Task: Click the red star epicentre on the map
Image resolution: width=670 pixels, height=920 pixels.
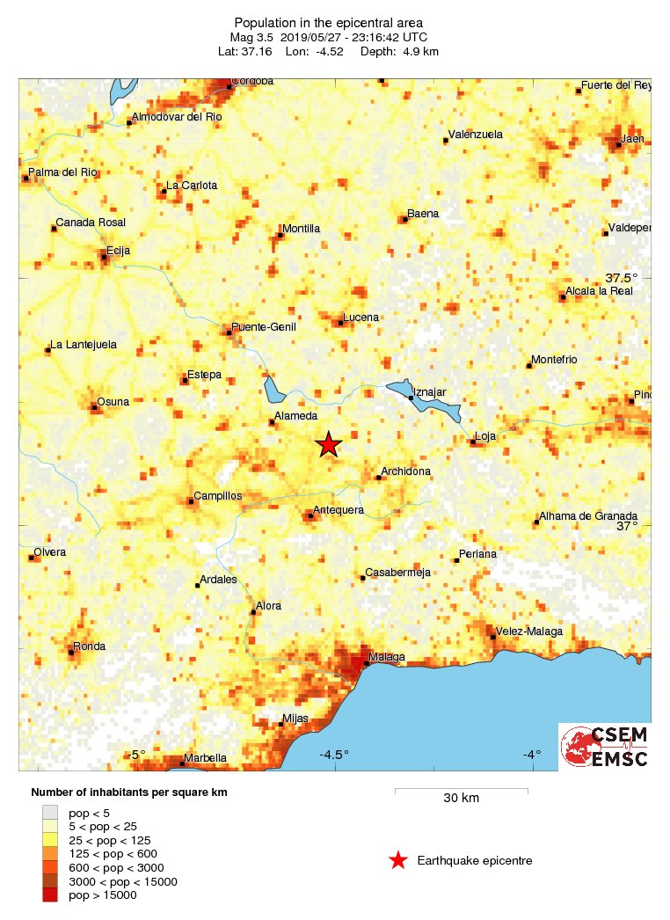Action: pyautogui.click(x=328, y=444)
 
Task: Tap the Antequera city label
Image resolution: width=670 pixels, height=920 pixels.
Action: pyautogui.click(x=339, y=510)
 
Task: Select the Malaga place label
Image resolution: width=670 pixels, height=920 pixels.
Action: pyautogui.click(x=387, y=657)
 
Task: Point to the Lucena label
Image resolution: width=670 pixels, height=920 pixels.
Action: pyautogui.click(x=361, y=317)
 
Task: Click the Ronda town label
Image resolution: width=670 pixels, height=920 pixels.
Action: pyautogui.click(x=89, y=646)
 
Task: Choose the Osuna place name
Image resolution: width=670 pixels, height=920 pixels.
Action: pyautogui.click(x=113, y=402)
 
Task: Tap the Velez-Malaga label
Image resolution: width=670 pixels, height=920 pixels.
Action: pyautogui.click(x=529, y=632)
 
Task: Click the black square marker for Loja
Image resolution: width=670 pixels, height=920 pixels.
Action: pyautogui.click(x=472, y=442)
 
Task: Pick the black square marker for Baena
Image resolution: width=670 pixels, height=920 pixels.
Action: pyautogui.click(x=404, y=219)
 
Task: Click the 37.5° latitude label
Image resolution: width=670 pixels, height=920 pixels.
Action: pyautogui.click(x=632, y=278)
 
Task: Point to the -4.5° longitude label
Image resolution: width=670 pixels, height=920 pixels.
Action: pyautogui.click(x=334, y=755)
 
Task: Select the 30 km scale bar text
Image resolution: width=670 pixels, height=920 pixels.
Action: pyautogui.click(x=461, y=799)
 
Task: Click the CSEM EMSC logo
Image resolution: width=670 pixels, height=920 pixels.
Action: pyautogui.click(x=605, y=747)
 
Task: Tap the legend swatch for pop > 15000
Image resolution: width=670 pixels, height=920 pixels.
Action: pyautogui.click(x=50, y=895)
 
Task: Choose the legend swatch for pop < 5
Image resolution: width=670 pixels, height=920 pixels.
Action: pyautogui.click(x=50, y=812)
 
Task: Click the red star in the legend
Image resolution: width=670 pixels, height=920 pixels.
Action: pyautogui.click(x=398, y=860)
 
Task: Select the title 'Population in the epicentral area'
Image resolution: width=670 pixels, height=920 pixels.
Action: pyautogui.click(x=328, y=22)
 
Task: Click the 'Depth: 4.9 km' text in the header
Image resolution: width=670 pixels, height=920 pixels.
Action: pyautogui.click(x=402, y=52)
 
